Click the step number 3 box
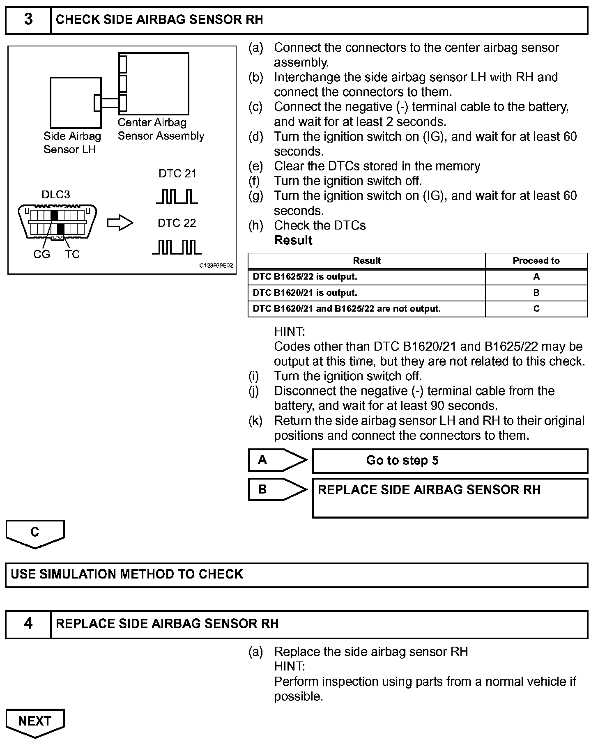[28, 20]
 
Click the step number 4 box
[28, 624]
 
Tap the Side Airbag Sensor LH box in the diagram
[76, 103]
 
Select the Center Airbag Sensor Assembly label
[161, 129]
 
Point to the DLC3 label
[56, 194]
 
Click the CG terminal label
[41, 255]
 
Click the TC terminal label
[72, 255]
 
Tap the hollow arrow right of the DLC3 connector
[120, 223]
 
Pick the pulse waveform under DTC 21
[177, 196]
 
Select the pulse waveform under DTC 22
[177, 247]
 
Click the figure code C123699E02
[216, 266]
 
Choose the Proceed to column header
[536, 261]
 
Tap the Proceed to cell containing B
[536, 293]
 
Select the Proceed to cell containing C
[536, 309]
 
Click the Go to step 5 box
[450, 461]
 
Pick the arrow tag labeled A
[277, 460]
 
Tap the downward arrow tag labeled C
[35, 533]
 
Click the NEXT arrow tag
[35, 721]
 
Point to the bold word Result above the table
[293, 240]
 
